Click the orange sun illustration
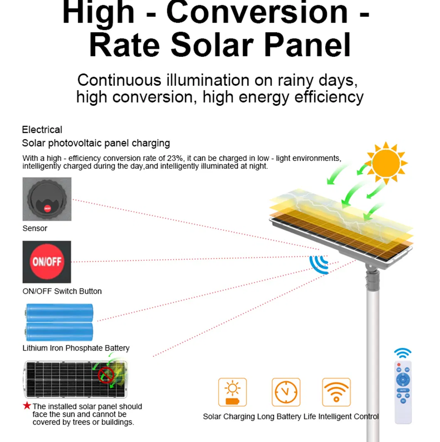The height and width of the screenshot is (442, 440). (x=386, y=163)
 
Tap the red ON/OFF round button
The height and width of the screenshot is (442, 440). (x=47, y=261)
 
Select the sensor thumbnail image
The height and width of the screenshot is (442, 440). (x=47, y=199)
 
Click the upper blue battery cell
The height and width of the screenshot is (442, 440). (x=59, y=313)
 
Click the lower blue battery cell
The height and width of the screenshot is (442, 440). (x=59, y=332)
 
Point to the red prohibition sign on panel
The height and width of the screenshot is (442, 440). (x=106, y=375)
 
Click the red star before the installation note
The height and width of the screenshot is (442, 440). (x=27, y=405)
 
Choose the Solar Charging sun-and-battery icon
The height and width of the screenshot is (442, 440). (x=232, y=392)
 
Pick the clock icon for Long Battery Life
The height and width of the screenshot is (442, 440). (x=286, y=392)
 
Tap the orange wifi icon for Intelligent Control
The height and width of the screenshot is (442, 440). (x=336, y=392)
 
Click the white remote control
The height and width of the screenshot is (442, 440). (x=403, y=392)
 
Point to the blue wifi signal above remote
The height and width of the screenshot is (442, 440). (x=403, y=353)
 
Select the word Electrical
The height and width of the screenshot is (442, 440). (x=42, y=129)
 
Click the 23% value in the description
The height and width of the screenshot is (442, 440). (x=175, y=158)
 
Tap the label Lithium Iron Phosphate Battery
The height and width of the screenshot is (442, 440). (x=76, y=348)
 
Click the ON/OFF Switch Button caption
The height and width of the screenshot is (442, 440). (x=62, y=291)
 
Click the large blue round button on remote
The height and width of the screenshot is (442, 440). (x=403, y=380)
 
